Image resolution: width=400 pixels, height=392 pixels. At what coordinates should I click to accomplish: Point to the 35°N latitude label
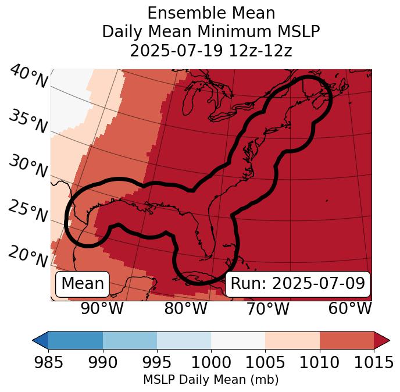point(28,122)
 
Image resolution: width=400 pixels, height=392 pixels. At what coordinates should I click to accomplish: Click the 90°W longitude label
point(102,308)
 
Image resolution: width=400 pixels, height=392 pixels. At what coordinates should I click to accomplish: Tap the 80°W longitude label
point(185,308)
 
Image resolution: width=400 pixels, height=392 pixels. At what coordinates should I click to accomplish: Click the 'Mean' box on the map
point(83,284)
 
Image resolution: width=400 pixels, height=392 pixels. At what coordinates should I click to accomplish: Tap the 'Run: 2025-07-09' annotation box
point(298,284)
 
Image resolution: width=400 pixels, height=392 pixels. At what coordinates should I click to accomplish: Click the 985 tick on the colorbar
point(48,362)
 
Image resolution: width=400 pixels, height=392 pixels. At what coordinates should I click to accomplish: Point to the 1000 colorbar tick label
point(211,362)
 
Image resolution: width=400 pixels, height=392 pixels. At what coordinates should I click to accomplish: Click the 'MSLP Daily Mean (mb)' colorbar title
point(211,380)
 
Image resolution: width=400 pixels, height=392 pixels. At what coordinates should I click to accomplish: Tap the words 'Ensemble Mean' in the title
point(211,13)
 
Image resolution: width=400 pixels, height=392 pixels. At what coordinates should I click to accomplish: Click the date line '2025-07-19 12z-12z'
point(211,51)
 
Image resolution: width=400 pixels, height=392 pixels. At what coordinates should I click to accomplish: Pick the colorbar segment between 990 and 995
point(130,340)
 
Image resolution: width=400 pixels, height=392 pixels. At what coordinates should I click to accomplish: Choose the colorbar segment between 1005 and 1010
point(292,340)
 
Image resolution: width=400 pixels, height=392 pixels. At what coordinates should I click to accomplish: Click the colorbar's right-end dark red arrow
point(381,340)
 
